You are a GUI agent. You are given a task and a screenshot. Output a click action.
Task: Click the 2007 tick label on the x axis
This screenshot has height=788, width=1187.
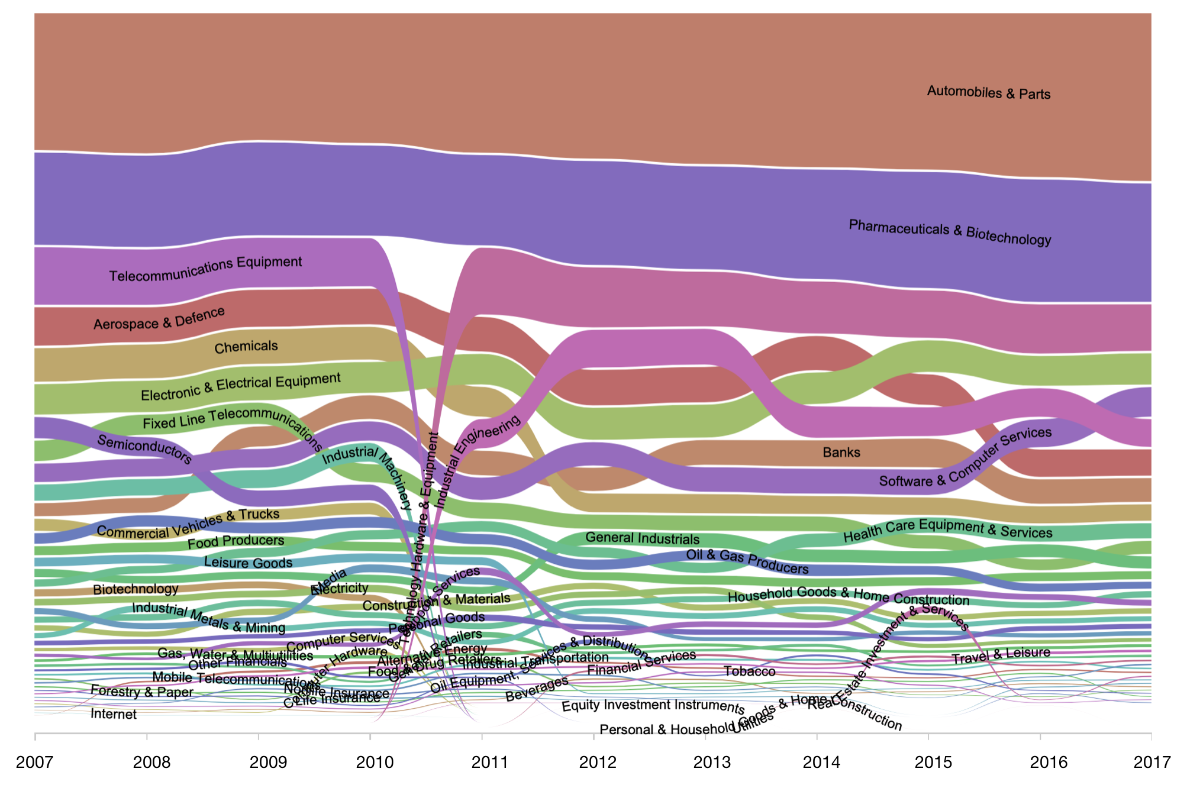tap(34, 762)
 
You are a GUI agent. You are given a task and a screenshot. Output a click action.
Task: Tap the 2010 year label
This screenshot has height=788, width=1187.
tap(375, 762)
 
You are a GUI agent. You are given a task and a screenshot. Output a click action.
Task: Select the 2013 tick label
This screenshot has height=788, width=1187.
tap(712, 762)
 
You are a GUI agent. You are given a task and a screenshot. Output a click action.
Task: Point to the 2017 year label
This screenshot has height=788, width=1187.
tap(1151, 762)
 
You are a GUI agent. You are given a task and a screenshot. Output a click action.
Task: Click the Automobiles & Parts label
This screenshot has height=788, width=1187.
tap(988, 92)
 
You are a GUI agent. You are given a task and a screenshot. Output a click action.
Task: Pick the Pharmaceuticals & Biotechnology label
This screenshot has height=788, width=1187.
tap(950, 232)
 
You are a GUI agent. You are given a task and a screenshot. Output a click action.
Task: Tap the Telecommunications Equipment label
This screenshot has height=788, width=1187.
tap(206, 269)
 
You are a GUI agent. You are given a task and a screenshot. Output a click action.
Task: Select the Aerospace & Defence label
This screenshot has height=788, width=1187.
tap(159, 318)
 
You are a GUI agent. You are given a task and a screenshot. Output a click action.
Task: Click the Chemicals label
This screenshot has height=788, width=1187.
tap(246, 347)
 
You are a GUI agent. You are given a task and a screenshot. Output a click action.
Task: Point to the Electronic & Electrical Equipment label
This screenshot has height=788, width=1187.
tap(241, 386)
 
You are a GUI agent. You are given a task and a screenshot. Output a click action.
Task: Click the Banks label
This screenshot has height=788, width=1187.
tap(841, 453)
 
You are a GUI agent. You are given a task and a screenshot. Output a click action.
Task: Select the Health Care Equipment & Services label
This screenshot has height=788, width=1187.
tap(947, 529)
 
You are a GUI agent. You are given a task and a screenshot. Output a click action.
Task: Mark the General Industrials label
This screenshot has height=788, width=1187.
tap(643, 538)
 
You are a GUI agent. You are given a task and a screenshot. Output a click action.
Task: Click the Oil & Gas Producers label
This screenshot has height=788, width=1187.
tap(747, 562)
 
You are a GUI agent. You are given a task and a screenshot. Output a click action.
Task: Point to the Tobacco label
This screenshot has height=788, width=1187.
tap(750, 671)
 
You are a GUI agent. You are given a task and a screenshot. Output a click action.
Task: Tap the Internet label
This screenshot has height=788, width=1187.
tap(114, 714)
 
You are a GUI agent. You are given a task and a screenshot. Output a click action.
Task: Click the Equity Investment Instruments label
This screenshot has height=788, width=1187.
tap(653, 706)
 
